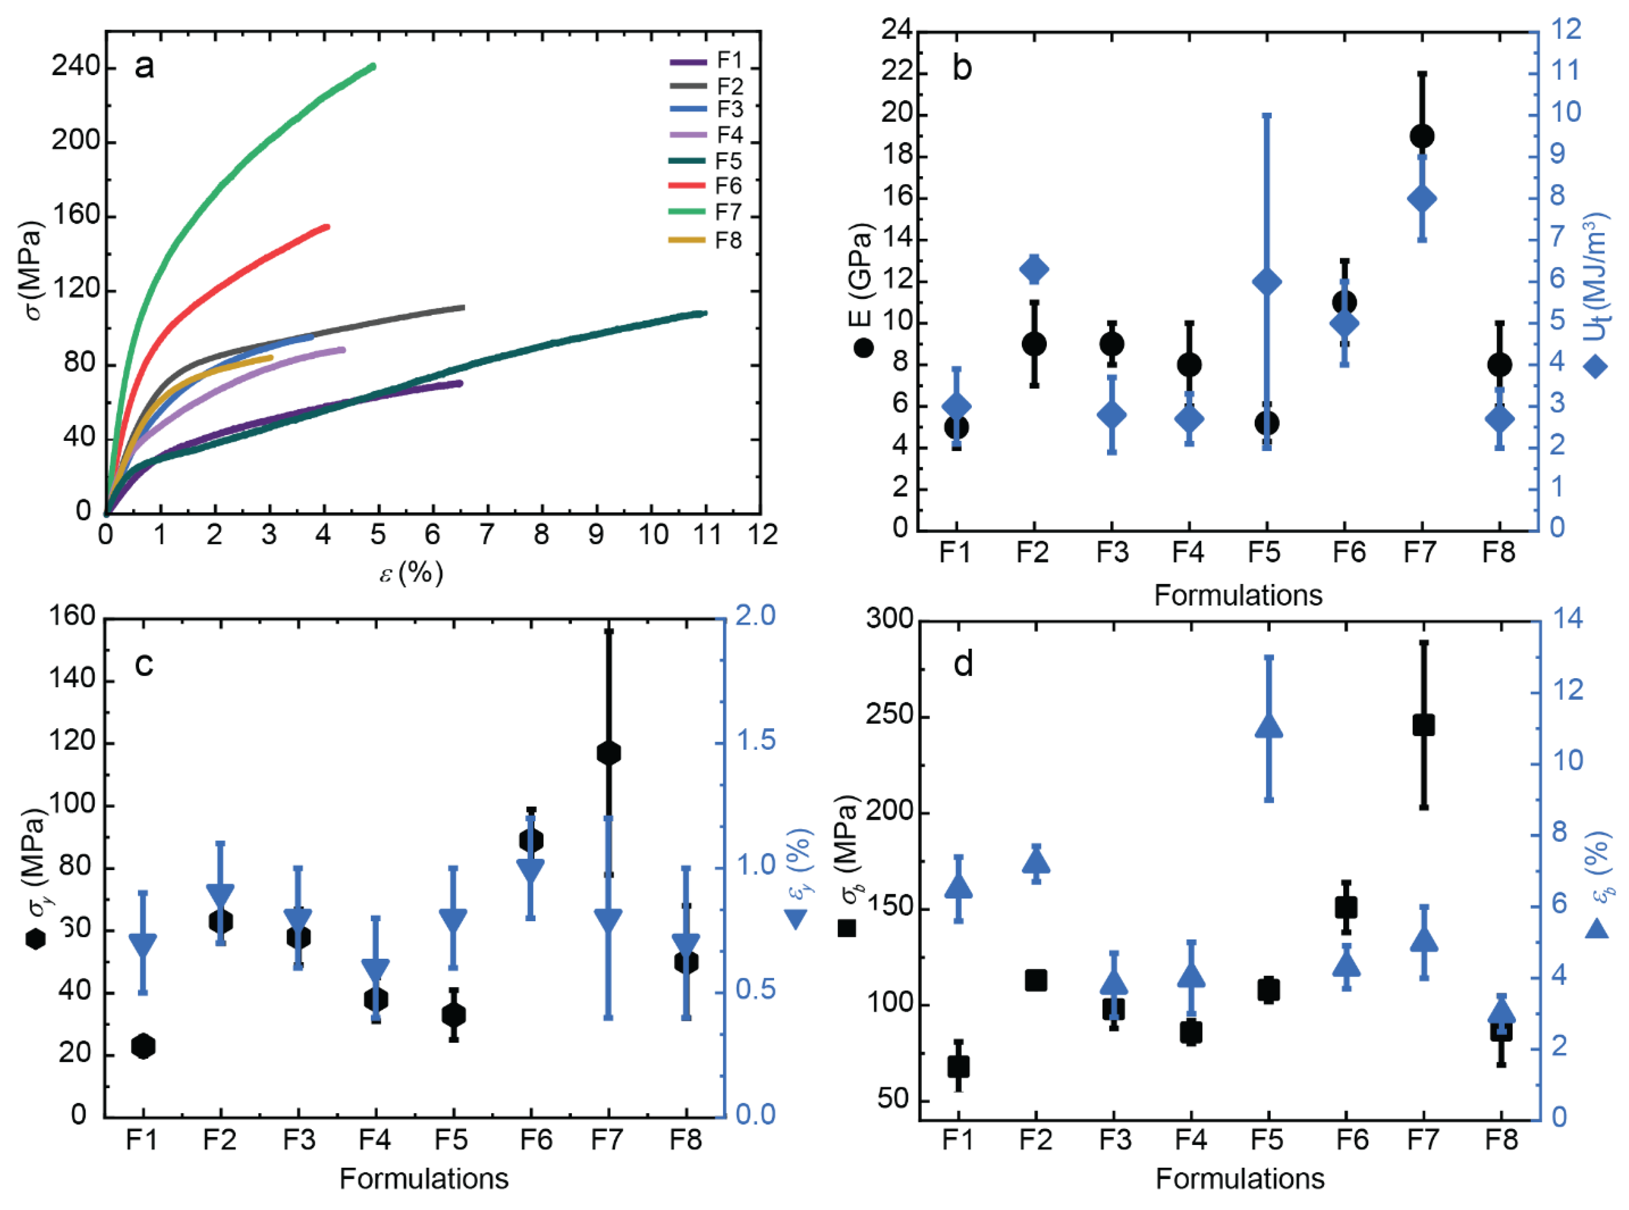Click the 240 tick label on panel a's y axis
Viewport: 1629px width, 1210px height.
76,67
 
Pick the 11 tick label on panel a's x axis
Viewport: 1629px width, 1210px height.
707,535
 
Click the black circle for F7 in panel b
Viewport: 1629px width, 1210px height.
1422,136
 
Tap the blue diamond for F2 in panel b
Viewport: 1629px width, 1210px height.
1034,270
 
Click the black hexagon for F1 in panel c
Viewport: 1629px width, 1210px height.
143,1046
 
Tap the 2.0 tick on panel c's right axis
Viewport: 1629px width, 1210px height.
755,617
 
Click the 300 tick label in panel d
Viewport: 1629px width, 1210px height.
889,619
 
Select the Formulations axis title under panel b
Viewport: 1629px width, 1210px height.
1238,595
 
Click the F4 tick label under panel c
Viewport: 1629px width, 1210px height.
375,1140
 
